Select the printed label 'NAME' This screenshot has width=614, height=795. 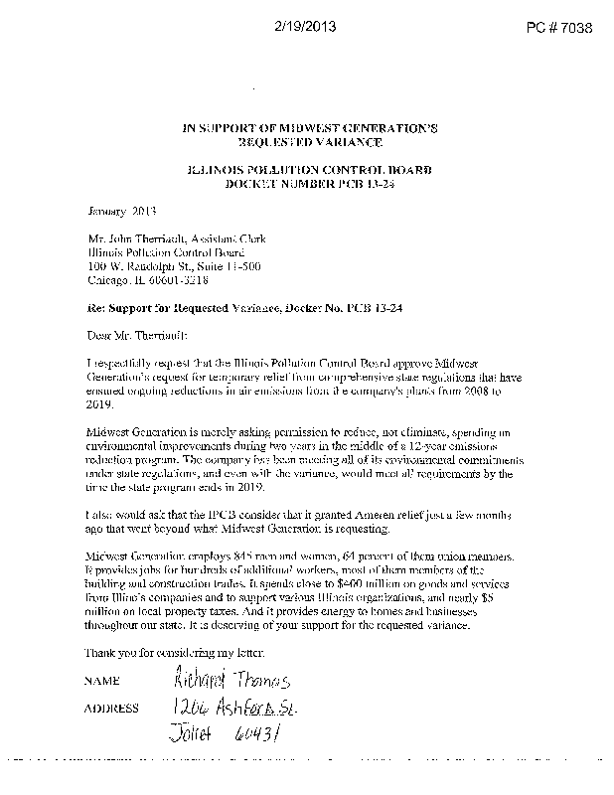(x=102, y=682)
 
